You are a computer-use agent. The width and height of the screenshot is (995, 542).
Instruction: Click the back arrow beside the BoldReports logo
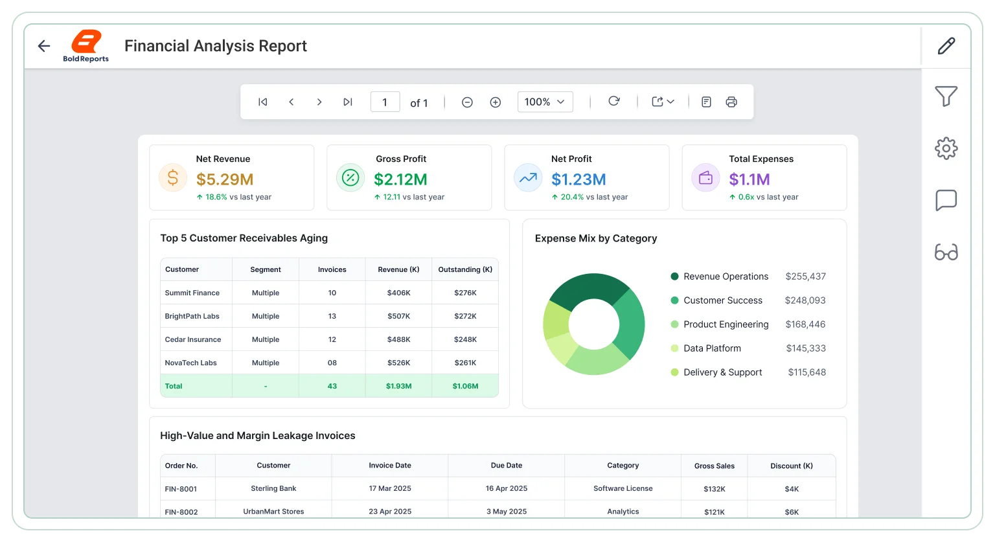pos(44,46)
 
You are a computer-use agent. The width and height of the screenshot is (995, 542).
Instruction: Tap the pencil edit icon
pos(946,46)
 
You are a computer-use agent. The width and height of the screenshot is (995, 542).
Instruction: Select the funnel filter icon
pos(946,96)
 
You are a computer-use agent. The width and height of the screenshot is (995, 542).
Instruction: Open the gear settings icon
pos(946,148)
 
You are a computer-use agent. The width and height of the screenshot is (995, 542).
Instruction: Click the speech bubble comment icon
pos(946,200)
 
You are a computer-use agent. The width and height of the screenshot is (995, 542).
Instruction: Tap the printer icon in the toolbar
pos(731,102)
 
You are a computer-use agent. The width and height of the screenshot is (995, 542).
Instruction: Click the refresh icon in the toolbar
pos(614,101)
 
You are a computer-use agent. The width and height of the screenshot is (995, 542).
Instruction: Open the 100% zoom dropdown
pos(545,102)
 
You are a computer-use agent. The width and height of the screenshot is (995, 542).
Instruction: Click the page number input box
pos(385,102)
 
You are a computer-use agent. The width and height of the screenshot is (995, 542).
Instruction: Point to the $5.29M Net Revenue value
pos(225,179)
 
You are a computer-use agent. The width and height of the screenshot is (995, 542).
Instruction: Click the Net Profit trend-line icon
pos(528,177)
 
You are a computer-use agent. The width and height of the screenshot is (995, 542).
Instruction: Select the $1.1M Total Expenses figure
pos(749,179)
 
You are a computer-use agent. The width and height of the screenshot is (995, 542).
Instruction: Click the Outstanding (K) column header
pos(465,269)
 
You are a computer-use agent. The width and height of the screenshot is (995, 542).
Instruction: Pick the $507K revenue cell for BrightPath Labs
pos(398,316)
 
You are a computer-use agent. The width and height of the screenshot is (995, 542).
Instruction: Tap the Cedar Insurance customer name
pos(193,339)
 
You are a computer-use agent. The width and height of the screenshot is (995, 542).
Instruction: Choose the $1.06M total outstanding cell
pos(465,386)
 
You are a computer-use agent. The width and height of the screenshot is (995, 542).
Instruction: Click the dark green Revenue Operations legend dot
pos(674,277)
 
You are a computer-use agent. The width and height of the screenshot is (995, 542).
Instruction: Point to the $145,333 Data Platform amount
pos(806,348)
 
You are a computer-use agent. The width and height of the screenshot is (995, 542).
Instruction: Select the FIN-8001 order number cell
pos(181,489)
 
